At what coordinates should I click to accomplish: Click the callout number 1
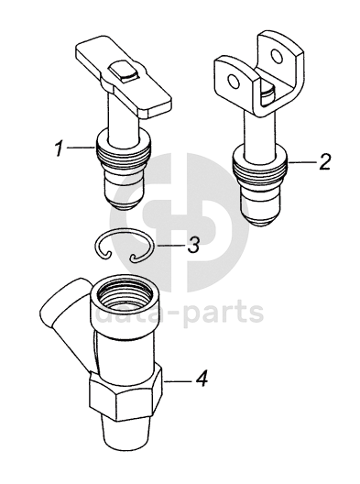[59, 148]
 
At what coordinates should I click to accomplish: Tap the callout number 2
[325, 161]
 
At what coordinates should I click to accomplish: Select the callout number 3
[192, 246]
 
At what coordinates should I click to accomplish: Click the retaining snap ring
[123, 247]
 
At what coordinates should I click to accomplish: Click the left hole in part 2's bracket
[233, 82]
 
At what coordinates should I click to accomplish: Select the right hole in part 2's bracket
[276, 56]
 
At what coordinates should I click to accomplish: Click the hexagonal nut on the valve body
[125, 392]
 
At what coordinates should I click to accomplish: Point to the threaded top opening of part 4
[123, 293]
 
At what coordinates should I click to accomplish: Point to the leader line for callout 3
[169, 246]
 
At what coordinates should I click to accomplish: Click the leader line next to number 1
[81, 148]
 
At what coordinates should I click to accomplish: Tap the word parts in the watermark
[224, 312]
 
